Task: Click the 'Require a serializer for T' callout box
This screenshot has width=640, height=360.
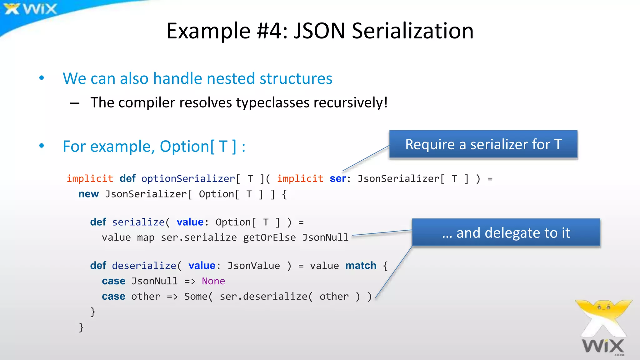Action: (x=483, y=144)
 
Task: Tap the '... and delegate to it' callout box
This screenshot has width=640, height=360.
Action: (x=506, y=233)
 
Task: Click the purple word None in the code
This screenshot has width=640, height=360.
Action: (x=213, y=281)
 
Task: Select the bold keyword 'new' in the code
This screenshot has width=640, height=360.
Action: (x=88, y=194)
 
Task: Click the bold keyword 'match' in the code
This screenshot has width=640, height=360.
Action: (x=361, y=266)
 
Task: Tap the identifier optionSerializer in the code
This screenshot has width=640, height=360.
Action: (x=188, y=179)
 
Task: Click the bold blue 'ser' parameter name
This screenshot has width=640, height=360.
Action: (x=337, y=179)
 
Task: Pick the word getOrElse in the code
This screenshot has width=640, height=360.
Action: (x=269, y=237)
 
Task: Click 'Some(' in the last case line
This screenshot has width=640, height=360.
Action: (x=198, y=296)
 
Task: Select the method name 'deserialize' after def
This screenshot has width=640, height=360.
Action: (x=144, y=266)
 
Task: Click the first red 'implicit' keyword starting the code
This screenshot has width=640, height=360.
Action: (x=90, y=179)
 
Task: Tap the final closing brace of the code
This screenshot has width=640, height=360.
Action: (x=81, y=327)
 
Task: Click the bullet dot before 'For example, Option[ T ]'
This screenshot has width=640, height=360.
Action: (x=42, y=146)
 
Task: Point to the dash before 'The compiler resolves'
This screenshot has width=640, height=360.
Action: (x=75, y=103)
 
